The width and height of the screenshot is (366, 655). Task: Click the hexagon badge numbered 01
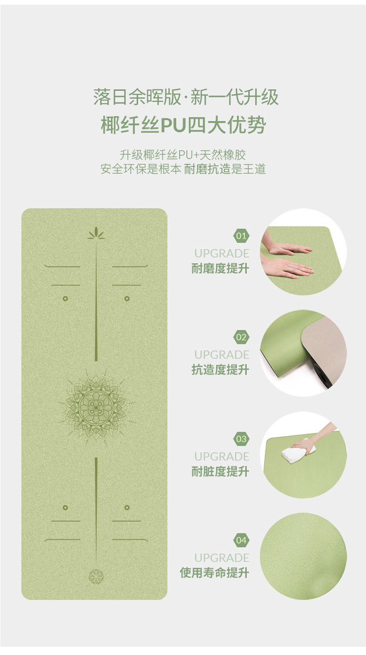[241, 236]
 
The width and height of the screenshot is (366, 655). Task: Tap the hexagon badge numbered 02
[241, 337]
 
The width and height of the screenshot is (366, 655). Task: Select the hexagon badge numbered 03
[241, 439]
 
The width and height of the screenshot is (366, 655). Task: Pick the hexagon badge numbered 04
[241, 540]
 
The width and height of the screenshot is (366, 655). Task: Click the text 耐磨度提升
[220, 269]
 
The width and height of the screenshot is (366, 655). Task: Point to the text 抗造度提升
[220, 370]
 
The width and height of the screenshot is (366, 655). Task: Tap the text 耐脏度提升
[220, 472]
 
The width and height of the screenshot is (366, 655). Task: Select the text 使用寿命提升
[214, 573]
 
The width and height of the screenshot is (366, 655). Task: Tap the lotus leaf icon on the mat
[96, 233]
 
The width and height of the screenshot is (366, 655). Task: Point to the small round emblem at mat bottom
[96, 576]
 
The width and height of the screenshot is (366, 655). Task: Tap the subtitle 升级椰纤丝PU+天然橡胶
[183, 155]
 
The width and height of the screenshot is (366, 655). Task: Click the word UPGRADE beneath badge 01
[221, 253]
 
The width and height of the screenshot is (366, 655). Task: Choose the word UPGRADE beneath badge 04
[221, 558]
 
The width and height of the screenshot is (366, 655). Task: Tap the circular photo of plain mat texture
[303, 556]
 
